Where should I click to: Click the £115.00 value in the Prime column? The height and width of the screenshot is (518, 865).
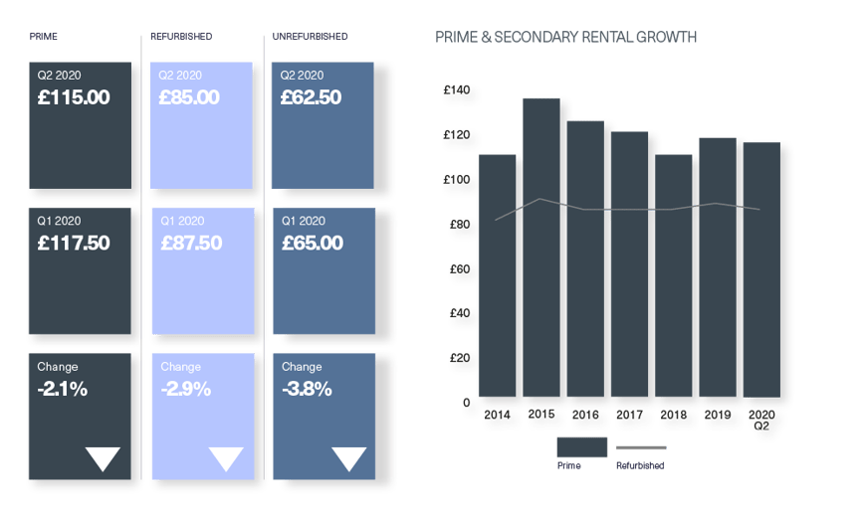[74, 98]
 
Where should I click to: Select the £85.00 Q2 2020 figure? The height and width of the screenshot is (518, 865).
[189, 98]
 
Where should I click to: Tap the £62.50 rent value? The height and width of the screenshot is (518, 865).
[311, 98]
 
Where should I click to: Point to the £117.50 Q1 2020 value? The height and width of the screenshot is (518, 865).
[74, 244]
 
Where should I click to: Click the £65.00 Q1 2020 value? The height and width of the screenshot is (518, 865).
[313, 244]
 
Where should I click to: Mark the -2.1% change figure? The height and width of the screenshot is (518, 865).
[63, 390]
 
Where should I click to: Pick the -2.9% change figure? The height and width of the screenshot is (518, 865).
[186, 390]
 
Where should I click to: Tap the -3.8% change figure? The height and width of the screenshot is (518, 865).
[308, 390]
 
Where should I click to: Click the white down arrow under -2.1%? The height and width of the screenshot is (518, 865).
[103, 458]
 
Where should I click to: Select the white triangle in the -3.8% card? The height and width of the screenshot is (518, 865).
[348, 458]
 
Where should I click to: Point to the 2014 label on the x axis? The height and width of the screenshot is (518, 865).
[498, 414]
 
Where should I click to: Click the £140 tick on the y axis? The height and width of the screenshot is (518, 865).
[457, 90]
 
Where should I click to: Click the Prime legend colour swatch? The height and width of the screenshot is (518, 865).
[581, 447]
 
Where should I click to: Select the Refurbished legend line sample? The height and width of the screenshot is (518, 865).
[642, 448]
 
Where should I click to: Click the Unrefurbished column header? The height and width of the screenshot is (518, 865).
[311, 37]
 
